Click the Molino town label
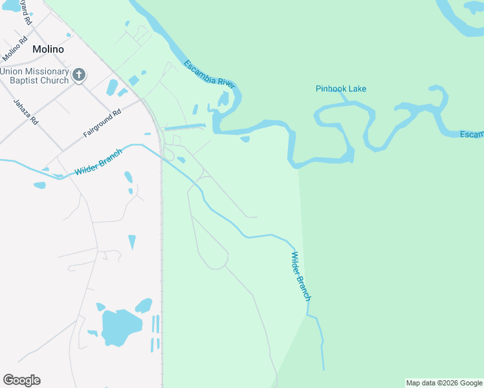click(49, 50)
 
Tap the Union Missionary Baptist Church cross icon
click(79, 75)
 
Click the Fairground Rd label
click(102, 124)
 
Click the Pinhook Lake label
click(341, 89)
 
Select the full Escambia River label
click(208, 74)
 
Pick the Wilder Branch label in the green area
click(300, 276)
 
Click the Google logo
click(21, 380)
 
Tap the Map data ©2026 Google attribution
click(445, 383)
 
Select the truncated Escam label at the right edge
click(471, 135)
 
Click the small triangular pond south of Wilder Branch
click(132, 242)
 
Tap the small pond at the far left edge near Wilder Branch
click(39, 186)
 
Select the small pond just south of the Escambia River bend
click(245, 138)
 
